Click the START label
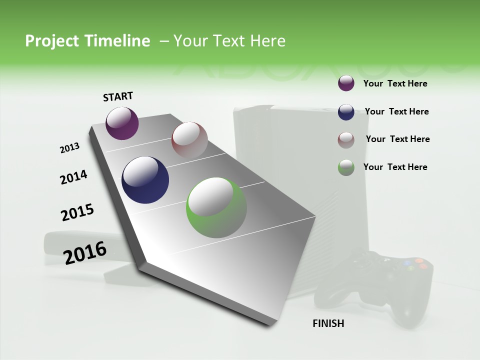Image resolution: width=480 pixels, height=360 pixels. pyautogui.click(x=118, y=96)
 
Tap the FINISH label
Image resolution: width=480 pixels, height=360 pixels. pyautogui.click(x=328, y=323)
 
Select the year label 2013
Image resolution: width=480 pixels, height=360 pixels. pyautogui.click(x=69, y=148)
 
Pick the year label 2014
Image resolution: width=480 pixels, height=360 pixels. pyautogui.click(x=73, y=177)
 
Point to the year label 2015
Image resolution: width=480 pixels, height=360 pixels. pyautogui.click(x=77, y=212)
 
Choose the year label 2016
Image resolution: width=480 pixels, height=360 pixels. pyautogui.click(x=85, y=253)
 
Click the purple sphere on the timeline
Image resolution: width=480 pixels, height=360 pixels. pyautogui.click(x=122, y=123)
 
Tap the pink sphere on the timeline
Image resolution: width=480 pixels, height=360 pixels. pyautogui.click(x=189, y=140)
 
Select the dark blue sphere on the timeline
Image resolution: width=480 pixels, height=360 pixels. pyautogui.click(x=145, y=180)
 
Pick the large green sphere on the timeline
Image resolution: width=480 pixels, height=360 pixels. pyautogui.click(x=216, y=207)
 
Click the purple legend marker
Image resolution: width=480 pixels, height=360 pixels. pyautogui.click(x=346, y=83)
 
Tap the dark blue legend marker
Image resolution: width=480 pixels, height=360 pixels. pyautogui.click(x=346, y=112)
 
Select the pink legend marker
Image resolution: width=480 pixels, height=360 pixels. pyautogui.click(x=346, y=139)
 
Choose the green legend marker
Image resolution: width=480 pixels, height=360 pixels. pyautogui.click(x=346, y=167)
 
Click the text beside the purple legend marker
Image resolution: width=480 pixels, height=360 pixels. pyautogui.click(x=395, y=83)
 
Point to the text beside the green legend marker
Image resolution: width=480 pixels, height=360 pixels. pyautogui.click(x=395, y=167)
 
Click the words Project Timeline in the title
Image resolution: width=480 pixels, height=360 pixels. pyautogui.click(x=87, y=41)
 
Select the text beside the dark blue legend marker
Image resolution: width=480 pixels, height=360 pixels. pyautogui.click(x=397, y=111)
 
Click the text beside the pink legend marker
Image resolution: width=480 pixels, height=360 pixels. pyautogui.click(x=398, y=139)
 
